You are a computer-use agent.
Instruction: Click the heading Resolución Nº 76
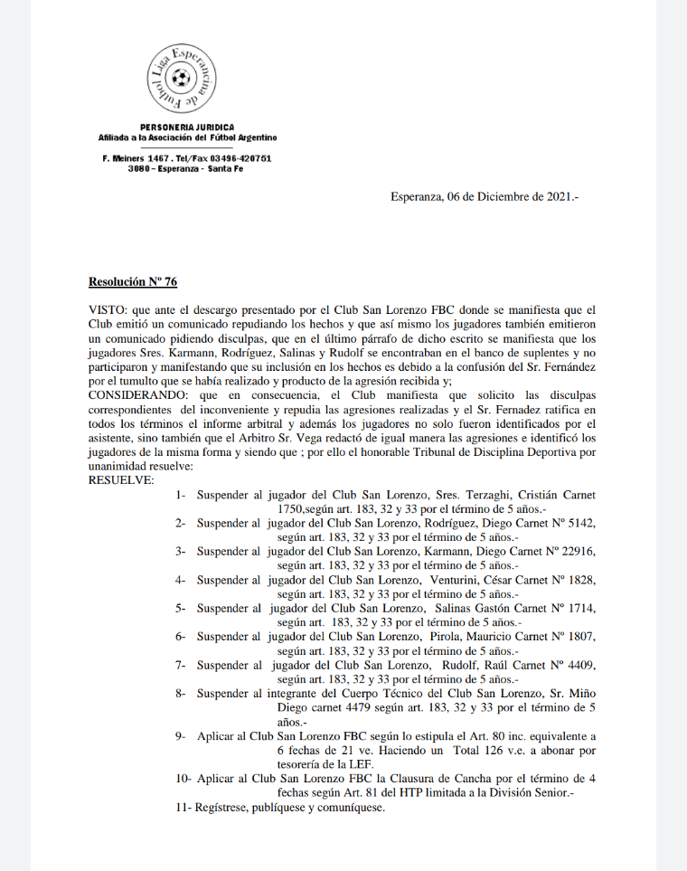(x=132, y=282)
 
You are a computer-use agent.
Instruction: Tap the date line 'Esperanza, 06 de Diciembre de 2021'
(x=485, y=196)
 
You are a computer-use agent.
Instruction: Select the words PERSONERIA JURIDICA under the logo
(x=187, y=127)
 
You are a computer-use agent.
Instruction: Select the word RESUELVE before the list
(x=120, y=480)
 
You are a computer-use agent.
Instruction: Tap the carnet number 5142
(x=577, y=523)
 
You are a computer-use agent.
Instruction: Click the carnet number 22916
(x=575, y=551)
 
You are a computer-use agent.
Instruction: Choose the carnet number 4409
(x=577, y=665)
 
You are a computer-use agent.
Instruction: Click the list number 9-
(x=182, y=736)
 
